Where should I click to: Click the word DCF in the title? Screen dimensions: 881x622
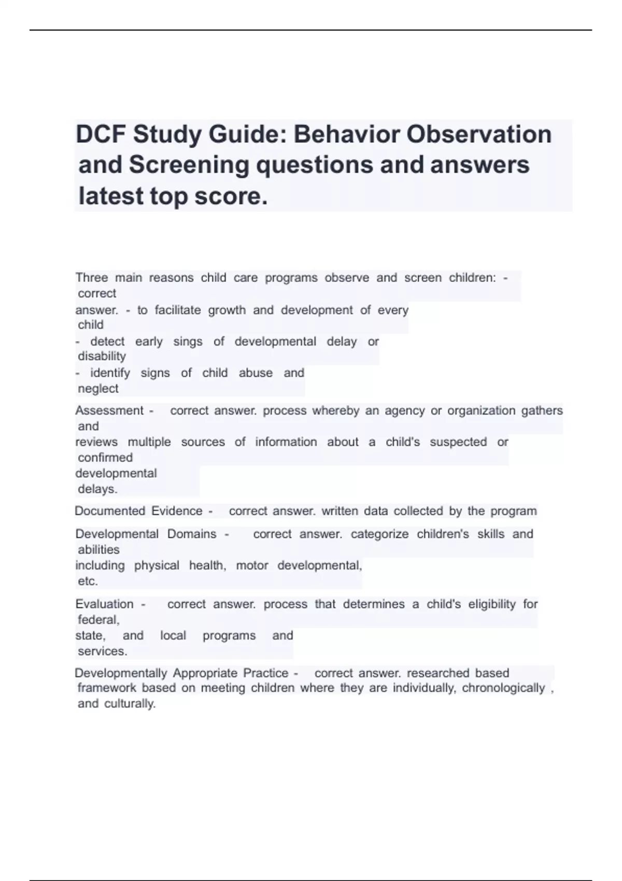(101, 135)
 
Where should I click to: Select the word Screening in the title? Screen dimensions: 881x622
(189, 165)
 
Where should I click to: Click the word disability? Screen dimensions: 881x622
(102, 357)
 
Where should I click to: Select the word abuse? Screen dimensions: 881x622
(256, 373)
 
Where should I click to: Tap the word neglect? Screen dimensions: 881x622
(98, 389)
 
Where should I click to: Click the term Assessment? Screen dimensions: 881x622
(109, 411)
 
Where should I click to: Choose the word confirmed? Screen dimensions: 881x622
(105, 458)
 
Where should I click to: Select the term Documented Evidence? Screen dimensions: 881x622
(138, 511)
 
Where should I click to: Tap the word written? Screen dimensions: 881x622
(340, 511)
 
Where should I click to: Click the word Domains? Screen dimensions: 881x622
(192, 534)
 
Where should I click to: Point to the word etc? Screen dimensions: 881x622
(88, 581)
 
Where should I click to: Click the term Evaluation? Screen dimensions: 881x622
(104, 604)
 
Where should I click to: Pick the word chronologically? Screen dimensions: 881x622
(503, 688)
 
